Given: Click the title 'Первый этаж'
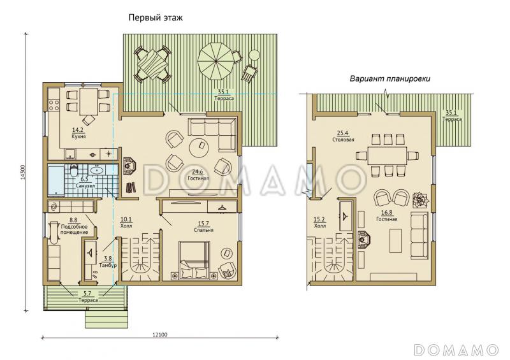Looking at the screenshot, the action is pyautogui.click(x=156, y=18).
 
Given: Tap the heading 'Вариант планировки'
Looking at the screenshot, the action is pyautogui.click(x=390, y=79).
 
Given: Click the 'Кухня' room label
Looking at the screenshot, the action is pyautogui.click(x=78, y=137).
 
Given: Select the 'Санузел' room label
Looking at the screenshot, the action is pyautogui.click(x=85, y=186).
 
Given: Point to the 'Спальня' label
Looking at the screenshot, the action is pyautogui.click(x=203, y=230).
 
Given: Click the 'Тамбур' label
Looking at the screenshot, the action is pyautogui.click(x=108, y=265).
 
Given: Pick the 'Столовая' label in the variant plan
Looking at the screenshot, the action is pyautogui.click(x=343, y=140).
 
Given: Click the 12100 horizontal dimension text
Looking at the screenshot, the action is pyautogui.click(x=160, y=335).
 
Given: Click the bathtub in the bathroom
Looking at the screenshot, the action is pyautogui.click(x=56, y=180).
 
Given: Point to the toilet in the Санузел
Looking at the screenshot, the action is pyautogui.click(x=75, y=169).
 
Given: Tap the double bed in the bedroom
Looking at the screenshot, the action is pyautogui.click(x=194, y=260).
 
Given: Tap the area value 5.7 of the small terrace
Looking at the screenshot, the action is pyautogui.click(x=87, y=294).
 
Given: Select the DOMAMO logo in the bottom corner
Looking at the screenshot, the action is pyautogui.click(x=456, y=350).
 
